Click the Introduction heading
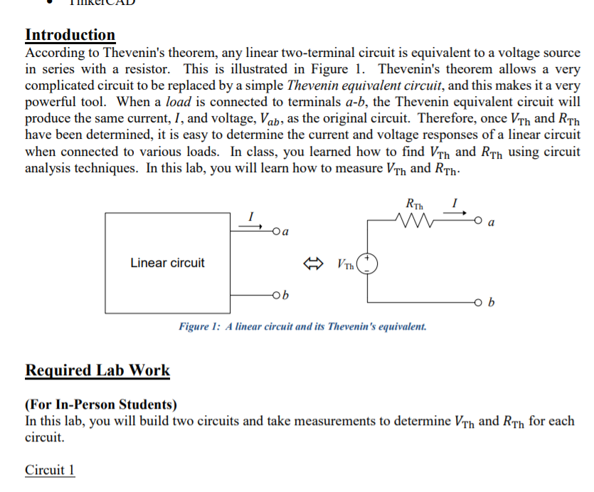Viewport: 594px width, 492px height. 70,35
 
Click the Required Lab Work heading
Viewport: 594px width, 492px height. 97,370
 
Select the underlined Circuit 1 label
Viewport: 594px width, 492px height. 50,470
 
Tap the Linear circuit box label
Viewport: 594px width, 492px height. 167,263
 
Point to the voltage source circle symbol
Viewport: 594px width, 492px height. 367,263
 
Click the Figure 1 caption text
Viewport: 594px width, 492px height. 303,327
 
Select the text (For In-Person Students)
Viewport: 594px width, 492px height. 101,405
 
